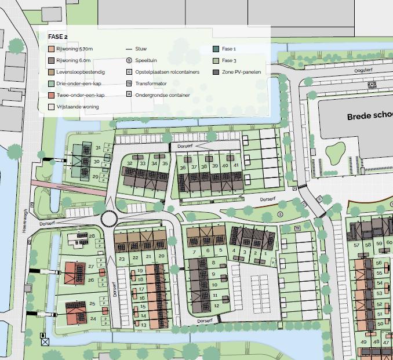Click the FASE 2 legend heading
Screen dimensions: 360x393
click(x=58, y=37)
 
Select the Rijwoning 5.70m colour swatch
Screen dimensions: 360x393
click(x=52, y=49)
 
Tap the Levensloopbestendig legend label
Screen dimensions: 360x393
click(x=81, y=72)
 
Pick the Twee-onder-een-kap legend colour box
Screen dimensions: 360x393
click(x=52, y=95)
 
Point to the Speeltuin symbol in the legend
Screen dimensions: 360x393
click(x=129, y=60)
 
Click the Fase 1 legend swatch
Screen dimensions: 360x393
click(x=216, y=49)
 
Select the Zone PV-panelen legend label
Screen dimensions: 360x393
click(x=242, y=72)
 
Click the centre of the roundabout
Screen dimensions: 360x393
click(x=109, y=219)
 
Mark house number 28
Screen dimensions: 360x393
click(x=92, y=236)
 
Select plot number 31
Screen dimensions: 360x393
click(x=98, y=148)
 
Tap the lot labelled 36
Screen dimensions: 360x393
click(x=183, y=168)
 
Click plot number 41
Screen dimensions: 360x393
click(x=236, y=165)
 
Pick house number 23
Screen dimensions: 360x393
click(x=122, y=258)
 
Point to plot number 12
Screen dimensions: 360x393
click(x=216, y=306)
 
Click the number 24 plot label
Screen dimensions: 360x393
click(x=93, y=318)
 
